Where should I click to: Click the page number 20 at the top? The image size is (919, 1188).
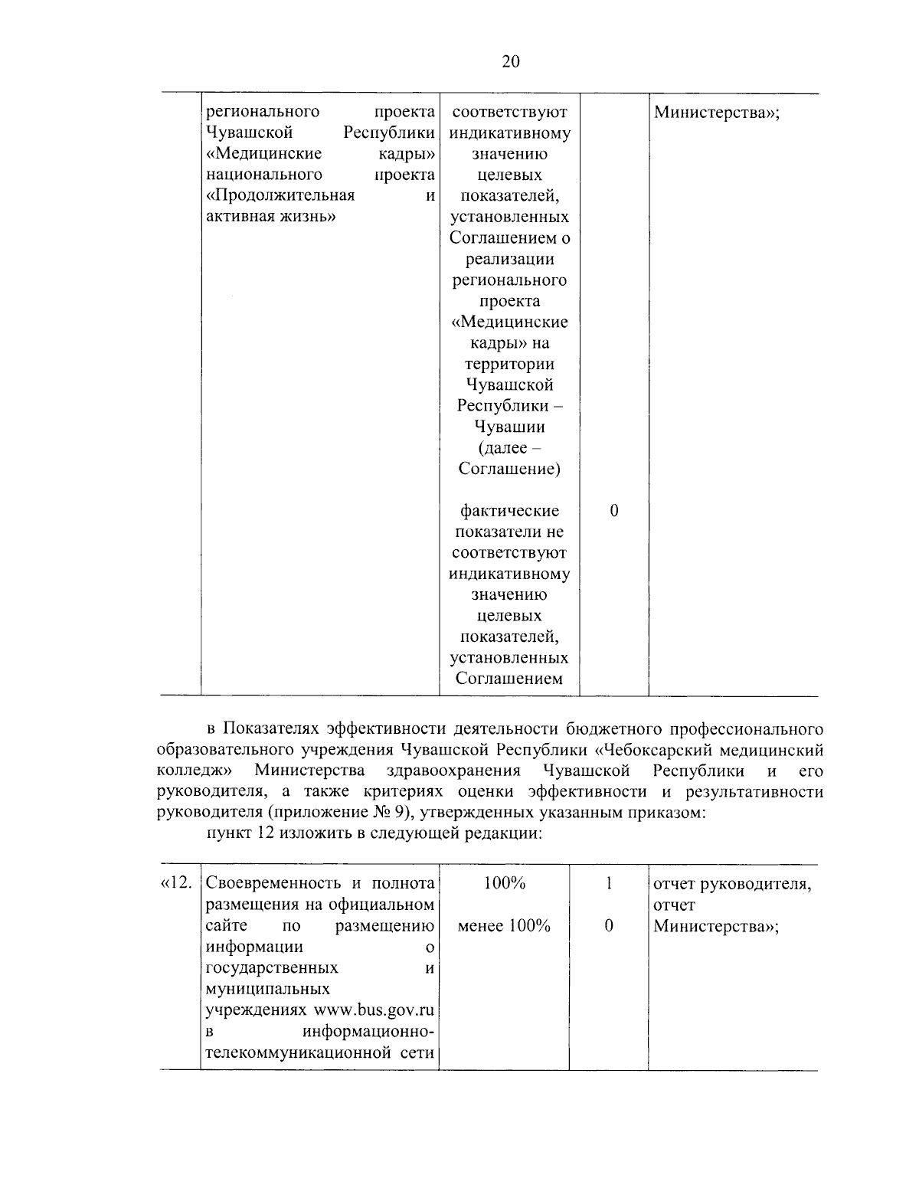(x=511, y=62)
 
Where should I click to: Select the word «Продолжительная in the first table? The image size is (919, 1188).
(x=280, y=195)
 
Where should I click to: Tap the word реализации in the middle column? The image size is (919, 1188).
(x=509, y=259)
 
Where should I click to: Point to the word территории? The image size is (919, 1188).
(x=509, y=364)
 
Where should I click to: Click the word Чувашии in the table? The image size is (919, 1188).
(x=509, y=427)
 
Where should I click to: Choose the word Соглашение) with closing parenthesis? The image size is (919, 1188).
(x=509, y=469)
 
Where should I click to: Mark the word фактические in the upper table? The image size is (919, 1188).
(x=509, y=511)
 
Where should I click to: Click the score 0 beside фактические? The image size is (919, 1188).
(x=613, y=511)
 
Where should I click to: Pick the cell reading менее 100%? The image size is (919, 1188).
(x=504, y=926)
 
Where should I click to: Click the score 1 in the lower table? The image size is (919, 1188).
(x=609, y=884)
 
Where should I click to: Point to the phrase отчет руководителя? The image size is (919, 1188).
(x=731, y=884)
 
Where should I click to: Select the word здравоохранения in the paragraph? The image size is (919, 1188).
(x=454, y=770)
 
